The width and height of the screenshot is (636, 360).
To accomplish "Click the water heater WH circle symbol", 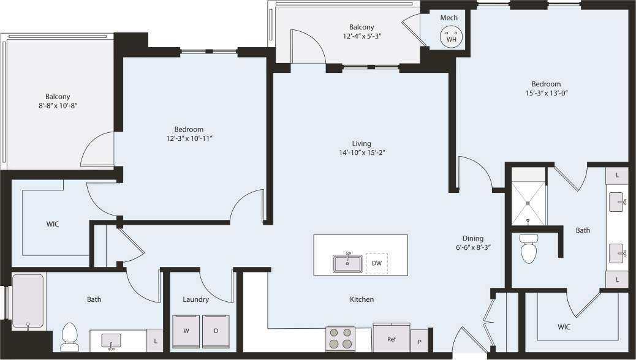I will (x=452, y=36).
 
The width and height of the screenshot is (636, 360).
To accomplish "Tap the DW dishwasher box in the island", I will (x=376, y=263).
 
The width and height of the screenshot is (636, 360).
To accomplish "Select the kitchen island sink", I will (x=347, y=263).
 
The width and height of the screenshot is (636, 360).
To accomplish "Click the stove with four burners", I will (x=341, y=339).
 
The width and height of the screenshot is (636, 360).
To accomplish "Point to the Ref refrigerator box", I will (x=391, y=339).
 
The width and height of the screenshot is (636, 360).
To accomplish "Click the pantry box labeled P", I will (x=420, y=340).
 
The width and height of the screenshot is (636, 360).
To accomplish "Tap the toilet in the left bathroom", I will (x=70, y=336).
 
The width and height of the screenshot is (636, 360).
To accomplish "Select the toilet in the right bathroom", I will (x=528, y=249).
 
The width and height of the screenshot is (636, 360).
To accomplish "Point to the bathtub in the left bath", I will (x=28, y=302).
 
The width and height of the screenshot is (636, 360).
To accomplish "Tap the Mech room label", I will (x=449, y=18).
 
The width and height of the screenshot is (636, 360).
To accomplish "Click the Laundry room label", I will (x=195, y=299).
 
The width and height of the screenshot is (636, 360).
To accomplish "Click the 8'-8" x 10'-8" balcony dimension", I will (x=58, y=106).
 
